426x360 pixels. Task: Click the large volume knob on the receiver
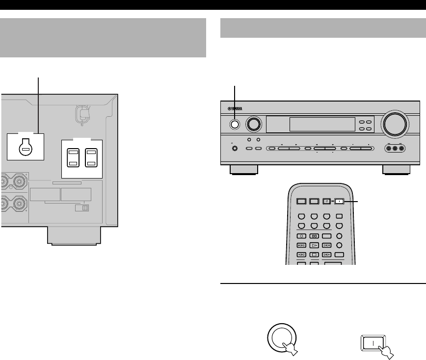pyautogui.click(x=396, y=124)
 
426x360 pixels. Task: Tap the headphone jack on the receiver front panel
pyautogui.click(x=234, y=149)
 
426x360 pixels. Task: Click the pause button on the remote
pyautogui.click(x=313, y=236)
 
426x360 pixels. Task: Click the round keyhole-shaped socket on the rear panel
pyautogui.click(x=25, y=148)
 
